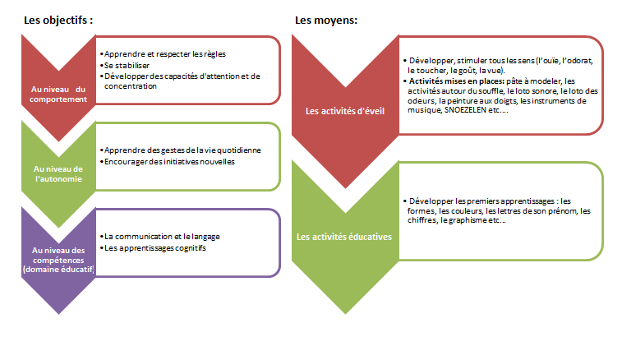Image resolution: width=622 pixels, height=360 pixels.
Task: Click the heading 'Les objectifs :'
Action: tap(58, 21)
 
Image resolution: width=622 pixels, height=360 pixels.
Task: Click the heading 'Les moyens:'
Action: tap(326, 21)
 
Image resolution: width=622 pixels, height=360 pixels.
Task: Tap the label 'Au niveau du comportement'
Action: tap(58, 95)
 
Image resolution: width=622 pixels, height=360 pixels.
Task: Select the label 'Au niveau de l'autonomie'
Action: tap(58, 174)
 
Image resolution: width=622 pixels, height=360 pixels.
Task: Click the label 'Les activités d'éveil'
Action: tap(345, 111)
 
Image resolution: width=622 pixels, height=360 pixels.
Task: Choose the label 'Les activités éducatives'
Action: tap(344, 237)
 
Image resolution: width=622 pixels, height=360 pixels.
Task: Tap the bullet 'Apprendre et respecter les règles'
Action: tap(163, 54)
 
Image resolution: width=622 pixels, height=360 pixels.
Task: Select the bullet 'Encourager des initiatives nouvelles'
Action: tap(167, 162)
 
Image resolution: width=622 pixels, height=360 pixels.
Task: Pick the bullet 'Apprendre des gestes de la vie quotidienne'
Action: tap(181, 150)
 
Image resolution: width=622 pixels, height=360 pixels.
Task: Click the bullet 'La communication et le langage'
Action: tap(160, 237)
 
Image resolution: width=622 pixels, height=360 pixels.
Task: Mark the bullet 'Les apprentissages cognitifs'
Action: tap(153, 248)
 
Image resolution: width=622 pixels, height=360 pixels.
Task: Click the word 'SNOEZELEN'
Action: tap(465, 110)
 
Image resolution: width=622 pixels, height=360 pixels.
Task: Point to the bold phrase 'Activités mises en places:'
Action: tap(457, 81)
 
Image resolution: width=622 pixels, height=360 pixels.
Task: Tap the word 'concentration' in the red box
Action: tap(131, 86)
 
